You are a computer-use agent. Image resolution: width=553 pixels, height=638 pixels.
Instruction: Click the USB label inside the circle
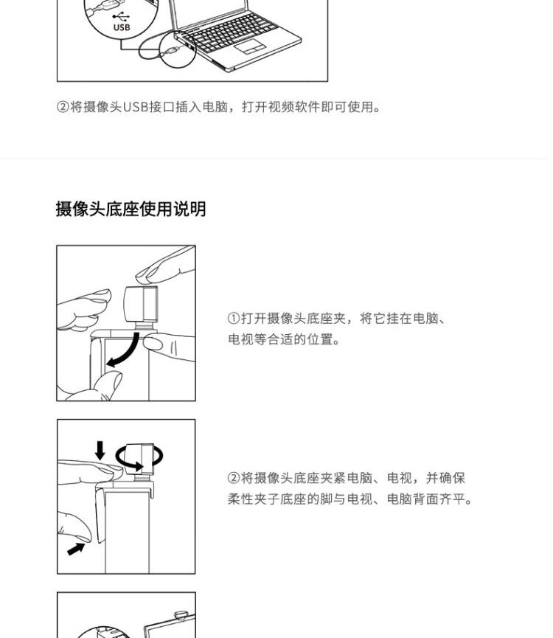122,27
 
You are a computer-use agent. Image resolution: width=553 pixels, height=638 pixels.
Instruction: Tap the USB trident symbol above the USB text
121,17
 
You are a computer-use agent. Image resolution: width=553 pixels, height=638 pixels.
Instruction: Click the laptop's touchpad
250,46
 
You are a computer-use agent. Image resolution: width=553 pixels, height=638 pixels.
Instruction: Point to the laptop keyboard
231,31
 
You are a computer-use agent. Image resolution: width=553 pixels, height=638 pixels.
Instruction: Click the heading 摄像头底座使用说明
131,209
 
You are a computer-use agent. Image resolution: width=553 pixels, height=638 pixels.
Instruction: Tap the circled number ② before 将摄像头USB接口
63,107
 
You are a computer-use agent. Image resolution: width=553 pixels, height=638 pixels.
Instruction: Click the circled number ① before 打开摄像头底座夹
234,318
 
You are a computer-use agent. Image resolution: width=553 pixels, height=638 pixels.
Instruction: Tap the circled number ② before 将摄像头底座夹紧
234,478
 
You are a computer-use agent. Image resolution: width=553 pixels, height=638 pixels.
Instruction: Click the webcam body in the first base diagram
141,303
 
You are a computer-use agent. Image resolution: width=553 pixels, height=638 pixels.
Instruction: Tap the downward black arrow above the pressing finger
100,451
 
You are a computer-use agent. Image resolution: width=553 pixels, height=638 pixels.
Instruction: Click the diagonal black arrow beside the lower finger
76,549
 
